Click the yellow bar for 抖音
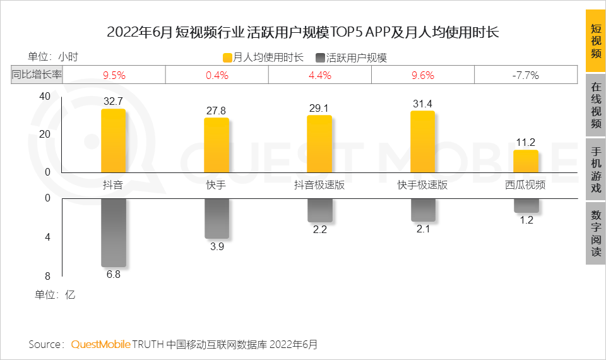pos(114,141)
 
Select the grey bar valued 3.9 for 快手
pos(217,218)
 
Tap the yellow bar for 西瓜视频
pos(526,161)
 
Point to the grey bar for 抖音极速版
pos(319,210)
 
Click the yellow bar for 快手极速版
pos(422,141)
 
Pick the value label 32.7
pos(114,100)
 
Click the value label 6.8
pos(114,275)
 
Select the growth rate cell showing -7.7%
pos(525,75)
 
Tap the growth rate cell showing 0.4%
pos(217,75)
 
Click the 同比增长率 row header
pos(37,75)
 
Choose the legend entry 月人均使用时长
pos(263,57)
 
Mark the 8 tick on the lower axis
pos(47,275)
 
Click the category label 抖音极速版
pos(319,186)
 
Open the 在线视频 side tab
pos(595,105)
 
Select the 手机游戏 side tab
pos(595,170)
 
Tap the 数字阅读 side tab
pos(595,233)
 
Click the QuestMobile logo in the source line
pos(101,344)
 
